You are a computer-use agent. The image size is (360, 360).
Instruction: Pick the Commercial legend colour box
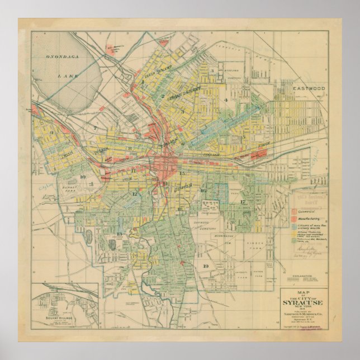click(x=294, y=212)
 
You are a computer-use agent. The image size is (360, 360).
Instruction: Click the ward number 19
click(x=206, y=265)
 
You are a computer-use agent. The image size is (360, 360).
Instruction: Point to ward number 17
click(x=243, y=201)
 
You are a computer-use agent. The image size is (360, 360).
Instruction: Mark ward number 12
click(x=134, y=194)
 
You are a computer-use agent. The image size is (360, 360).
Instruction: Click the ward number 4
click(x=226, y=100)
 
